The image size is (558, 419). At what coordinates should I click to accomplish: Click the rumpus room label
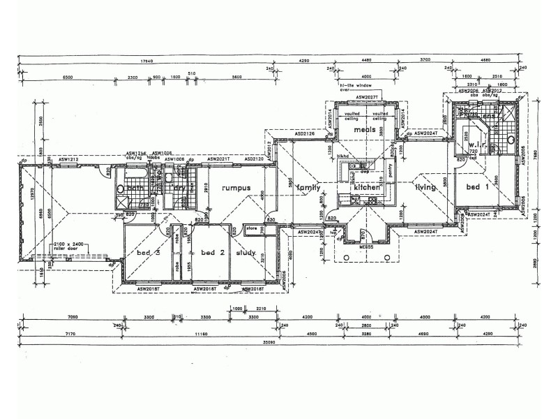point(236,188)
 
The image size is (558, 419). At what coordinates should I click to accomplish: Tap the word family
point(308,188)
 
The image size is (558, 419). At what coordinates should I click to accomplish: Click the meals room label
point(365,130)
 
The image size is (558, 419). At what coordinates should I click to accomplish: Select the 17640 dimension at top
point(146,59)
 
